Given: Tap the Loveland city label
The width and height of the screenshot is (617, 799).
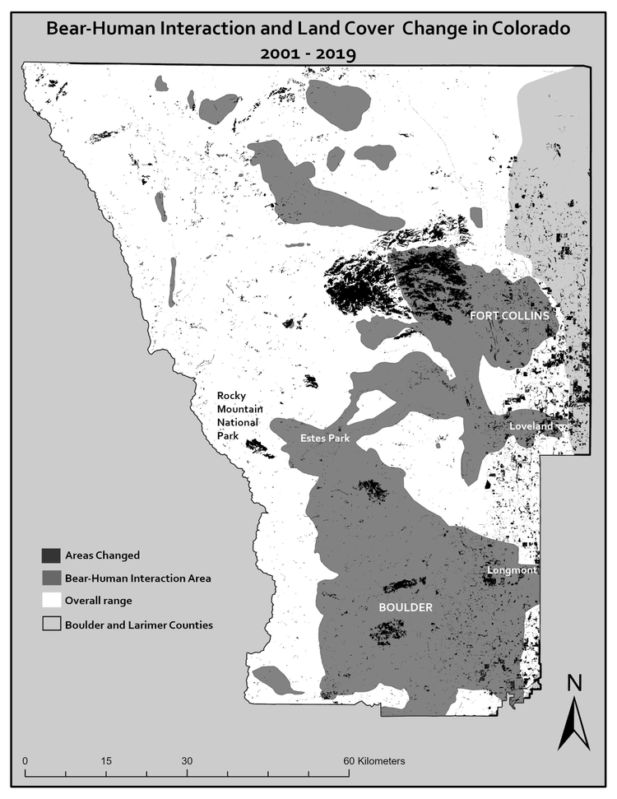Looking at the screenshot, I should (x=531, y=427).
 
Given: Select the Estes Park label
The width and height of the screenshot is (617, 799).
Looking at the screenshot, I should (x=325, y=439).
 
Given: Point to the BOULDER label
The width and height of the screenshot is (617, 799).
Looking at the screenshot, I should (x=405, y=607).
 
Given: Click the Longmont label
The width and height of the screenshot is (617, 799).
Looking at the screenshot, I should (x=511, y=569).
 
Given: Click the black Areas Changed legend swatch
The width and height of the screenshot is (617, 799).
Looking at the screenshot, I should (x=51, y=555).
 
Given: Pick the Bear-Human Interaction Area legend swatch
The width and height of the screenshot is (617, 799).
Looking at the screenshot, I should (x=51, y=578).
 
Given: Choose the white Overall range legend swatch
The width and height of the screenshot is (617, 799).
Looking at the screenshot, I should (x=51, y=601).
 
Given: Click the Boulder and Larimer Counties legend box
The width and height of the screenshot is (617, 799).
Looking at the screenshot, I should (x=51, y=625).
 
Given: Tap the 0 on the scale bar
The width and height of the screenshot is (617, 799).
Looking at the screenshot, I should (x=26, y=760).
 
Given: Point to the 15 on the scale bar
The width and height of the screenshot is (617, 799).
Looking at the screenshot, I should (x=106, y=760).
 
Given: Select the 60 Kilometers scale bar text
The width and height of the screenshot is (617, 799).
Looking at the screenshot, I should (x=373, y=760).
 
